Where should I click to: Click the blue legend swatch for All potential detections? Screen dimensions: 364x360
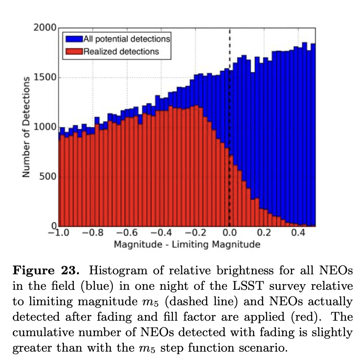point(73,39)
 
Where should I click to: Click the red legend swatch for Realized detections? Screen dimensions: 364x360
point(73,51)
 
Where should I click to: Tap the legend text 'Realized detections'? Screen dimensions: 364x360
point(121,51)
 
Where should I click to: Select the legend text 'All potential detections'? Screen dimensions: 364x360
point(126,39)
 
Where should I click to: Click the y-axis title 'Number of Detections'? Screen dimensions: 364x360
point(26,127)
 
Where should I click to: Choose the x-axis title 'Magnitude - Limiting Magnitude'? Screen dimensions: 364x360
point(187,244)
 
